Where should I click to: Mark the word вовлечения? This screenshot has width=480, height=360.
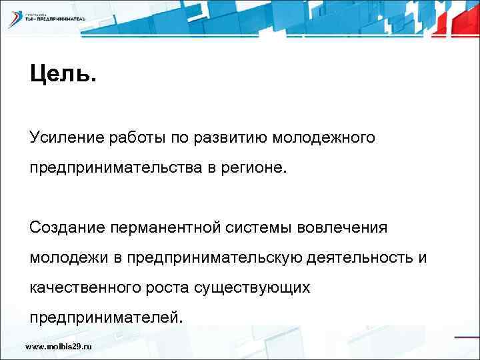click(346, 228)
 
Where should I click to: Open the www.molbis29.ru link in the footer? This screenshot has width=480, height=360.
click(58, 347)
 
